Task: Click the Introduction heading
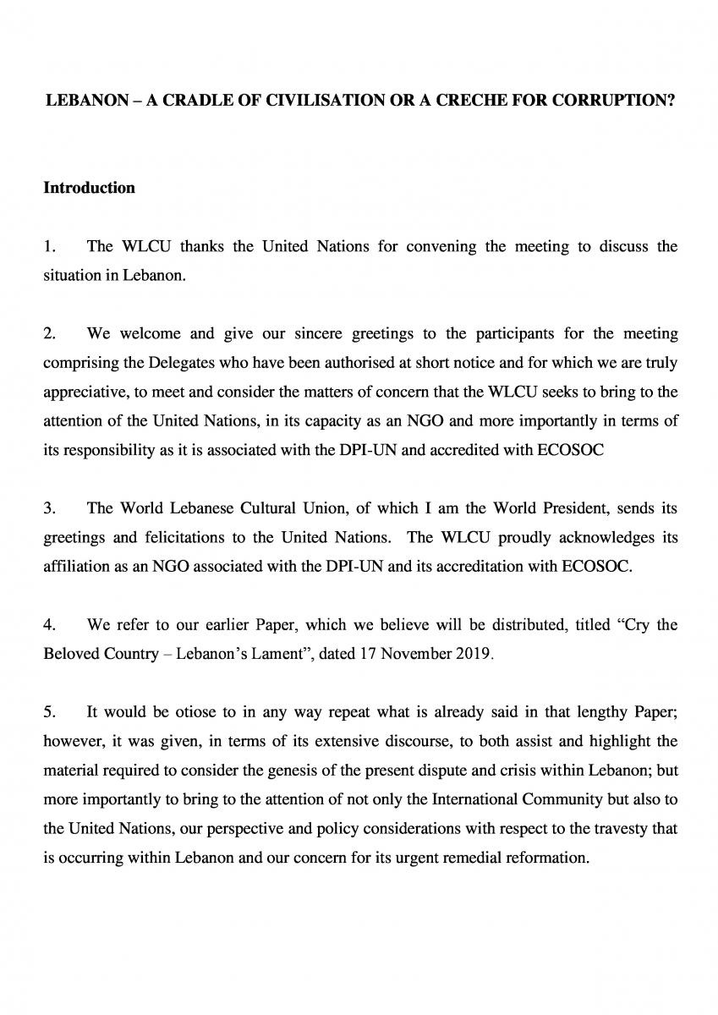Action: (x=89, y=188)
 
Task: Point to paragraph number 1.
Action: (x=49, y=246)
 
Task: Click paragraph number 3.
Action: (x=49, y=508)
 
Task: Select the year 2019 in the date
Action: (x=475, y=655)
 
